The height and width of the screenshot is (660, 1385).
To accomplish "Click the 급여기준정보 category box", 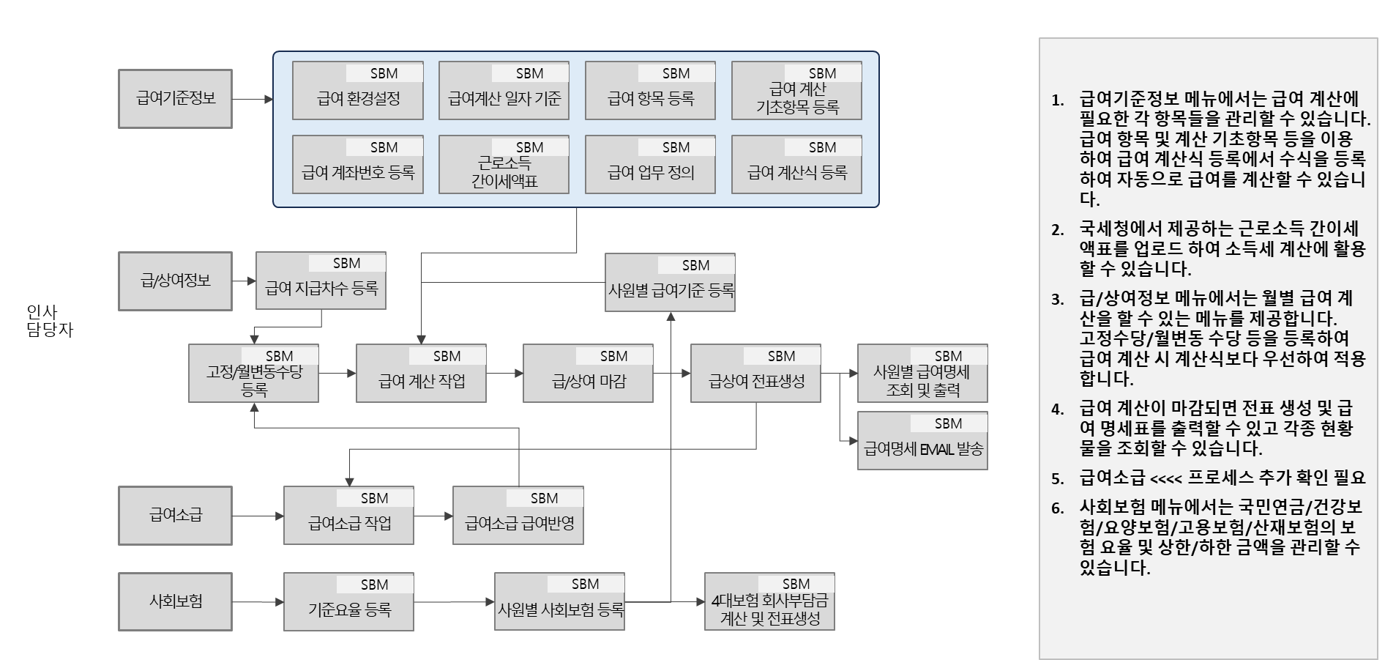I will [175, 99].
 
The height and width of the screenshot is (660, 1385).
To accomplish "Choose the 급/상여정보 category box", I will [175, 281].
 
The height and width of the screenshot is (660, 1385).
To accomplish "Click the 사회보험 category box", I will [175, 602].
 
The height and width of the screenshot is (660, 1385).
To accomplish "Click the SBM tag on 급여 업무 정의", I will [676, 147].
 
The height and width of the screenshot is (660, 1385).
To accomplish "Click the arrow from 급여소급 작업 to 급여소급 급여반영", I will [433, 516].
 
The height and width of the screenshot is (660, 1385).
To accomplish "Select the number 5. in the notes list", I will [1058, 479].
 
